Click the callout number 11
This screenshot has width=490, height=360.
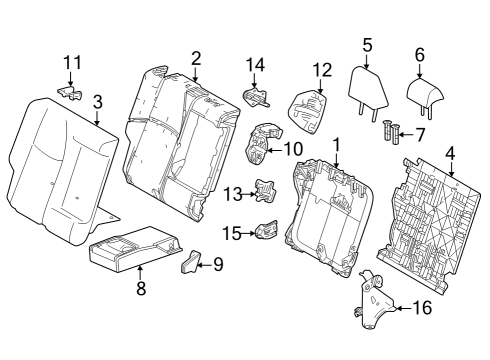(x=69, y=62)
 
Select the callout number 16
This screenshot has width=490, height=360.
(x=422, y=309)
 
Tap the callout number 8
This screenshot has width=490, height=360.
(x=141, y=289)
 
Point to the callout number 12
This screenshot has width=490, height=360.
(x=321, y=69)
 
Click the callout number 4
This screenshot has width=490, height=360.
(x=451, y=154)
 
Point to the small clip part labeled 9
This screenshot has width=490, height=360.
(x=191, y=263)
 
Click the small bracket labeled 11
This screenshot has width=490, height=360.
(x=71, y=93)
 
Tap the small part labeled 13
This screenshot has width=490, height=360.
(x=264, y=188)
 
